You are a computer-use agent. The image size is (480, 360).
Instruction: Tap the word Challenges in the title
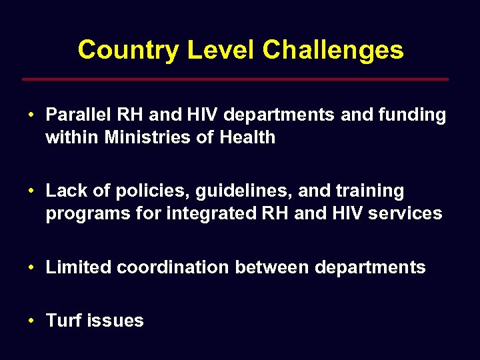click(333, 50)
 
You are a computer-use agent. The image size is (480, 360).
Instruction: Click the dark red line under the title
click(235, 79)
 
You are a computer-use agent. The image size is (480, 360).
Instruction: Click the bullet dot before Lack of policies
click(31, 191)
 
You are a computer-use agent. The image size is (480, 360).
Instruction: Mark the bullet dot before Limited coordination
click(31, 267)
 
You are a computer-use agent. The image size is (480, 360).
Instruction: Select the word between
click(272, 267)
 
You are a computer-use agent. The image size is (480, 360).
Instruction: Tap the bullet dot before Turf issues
click(31, 321)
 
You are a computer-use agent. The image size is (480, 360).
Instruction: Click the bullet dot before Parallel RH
click(31, 115)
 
